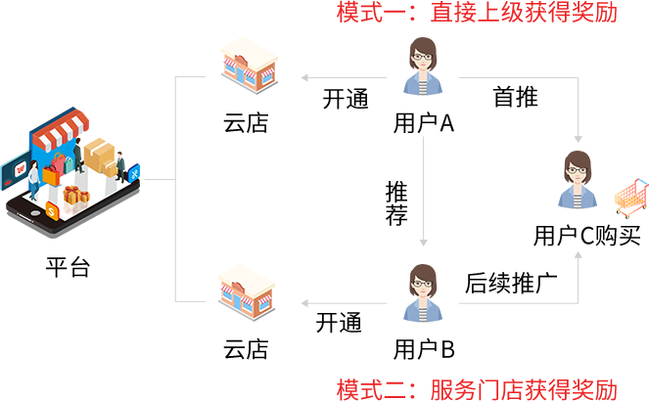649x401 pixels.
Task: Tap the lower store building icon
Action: point(246,290)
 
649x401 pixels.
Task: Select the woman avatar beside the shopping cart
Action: point(578,180)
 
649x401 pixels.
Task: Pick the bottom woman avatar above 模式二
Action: point(423,293)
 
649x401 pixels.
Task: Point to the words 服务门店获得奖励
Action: point(524,388)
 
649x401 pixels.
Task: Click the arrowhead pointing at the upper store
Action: point(304,77)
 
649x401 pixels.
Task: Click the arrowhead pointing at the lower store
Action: point(304,304)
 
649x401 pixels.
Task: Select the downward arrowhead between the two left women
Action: point(424,243)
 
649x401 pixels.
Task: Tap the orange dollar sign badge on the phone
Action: point(52,210)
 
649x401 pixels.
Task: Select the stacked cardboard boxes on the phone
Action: point(100,156)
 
